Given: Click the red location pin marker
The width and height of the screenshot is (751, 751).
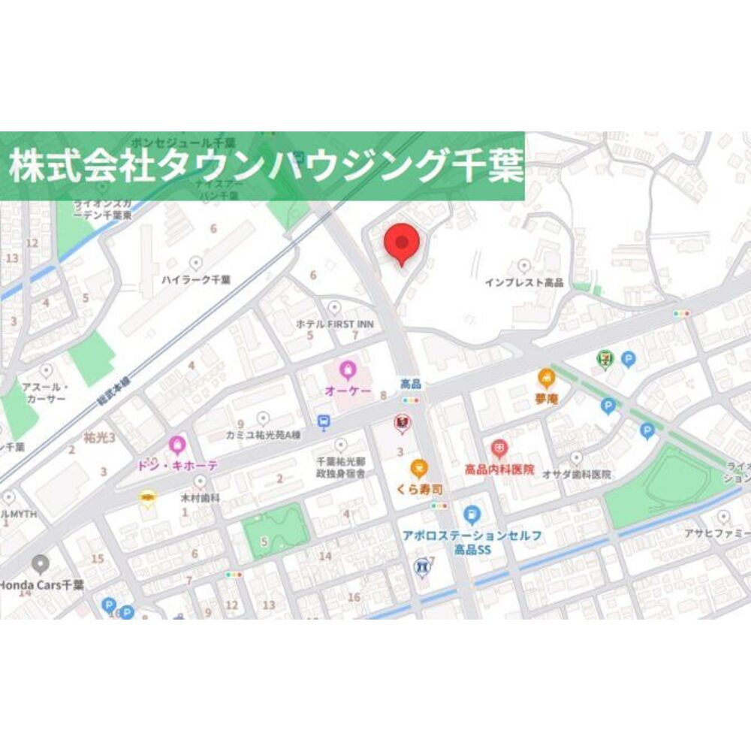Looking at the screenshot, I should click(402, 243).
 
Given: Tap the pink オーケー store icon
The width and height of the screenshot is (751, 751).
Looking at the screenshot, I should click(347, 369).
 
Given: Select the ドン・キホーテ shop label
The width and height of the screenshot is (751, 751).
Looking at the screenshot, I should click(176, 466).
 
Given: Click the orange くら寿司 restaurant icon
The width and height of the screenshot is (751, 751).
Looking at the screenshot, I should click(418, 469).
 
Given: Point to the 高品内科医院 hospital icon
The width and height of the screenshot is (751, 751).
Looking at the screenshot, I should click(499, 449).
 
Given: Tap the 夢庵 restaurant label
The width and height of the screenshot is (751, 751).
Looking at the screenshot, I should click(546, 399).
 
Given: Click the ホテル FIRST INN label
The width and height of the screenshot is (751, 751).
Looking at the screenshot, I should click(335, 324).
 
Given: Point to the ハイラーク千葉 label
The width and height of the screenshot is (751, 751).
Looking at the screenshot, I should click(196, 279).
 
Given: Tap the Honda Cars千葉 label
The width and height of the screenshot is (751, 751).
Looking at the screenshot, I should click(41, 584).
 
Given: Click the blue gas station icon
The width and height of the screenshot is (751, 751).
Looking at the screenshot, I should click(472, 515).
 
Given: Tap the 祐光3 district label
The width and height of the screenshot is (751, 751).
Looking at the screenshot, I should click(99, 436).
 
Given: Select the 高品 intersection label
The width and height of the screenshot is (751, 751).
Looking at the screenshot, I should click(411, 384).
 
